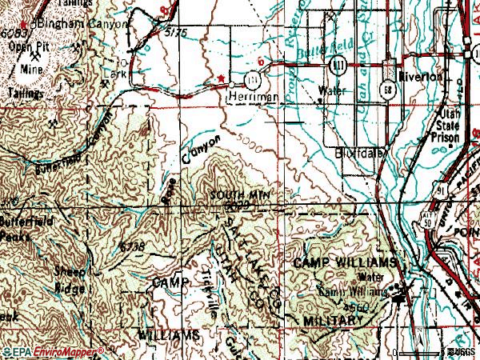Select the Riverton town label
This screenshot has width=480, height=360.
coord(424,77)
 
